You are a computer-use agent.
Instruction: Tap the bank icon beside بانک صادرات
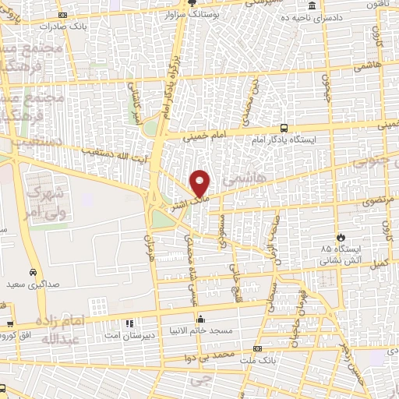point(62,15)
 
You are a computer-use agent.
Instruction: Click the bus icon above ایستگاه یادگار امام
point(284,127)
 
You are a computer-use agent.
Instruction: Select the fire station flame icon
point(340,237)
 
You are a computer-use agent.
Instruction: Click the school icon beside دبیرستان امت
point(129,323)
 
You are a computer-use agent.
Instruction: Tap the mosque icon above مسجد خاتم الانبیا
point(201,319)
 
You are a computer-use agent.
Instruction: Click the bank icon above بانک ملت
point(258,348)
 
